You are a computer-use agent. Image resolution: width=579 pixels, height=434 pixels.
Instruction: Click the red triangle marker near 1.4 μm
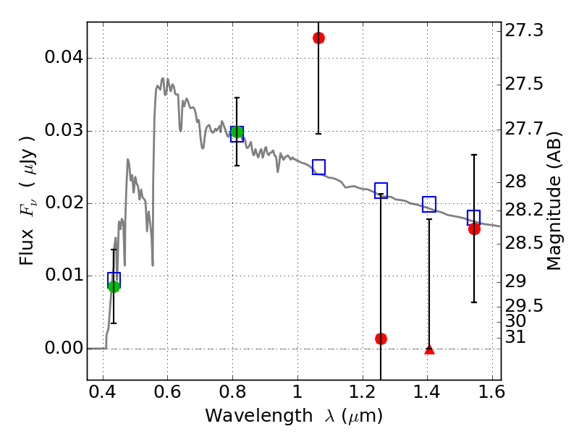click(x=429, y=349)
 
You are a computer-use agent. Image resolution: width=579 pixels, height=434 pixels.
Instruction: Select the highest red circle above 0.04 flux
click(x=318, y=38)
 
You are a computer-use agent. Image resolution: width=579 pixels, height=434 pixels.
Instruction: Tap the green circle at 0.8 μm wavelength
click(x=237, y=132)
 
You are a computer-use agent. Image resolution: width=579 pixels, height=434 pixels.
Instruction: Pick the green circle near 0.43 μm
click(x=114, y=286)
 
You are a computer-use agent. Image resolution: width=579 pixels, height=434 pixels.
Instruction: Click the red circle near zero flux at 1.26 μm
click(x=381, y=339)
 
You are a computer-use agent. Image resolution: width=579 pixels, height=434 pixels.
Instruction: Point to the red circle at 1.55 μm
click(x=474, y=229)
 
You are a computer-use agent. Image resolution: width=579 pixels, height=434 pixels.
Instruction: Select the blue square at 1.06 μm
click(x=318, y=167)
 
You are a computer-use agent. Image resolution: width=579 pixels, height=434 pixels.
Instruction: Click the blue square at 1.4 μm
click(x=429, y=204)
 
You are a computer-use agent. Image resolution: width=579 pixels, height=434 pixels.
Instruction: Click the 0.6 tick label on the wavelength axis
click(x=167, y=394)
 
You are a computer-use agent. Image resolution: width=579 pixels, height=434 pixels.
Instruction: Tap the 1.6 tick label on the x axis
click(x=491, y=394)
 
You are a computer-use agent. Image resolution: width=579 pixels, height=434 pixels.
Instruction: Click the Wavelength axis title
click(x=294, y=416)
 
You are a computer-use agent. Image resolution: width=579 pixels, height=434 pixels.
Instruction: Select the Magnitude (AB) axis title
click(x=555, y=203)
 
